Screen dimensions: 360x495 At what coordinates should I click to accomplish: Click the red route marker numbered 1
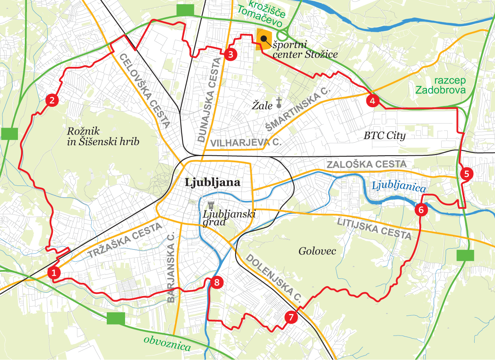point(54,273)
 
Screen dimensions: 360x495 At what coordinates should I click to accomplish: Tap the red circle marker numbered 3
point(230,54)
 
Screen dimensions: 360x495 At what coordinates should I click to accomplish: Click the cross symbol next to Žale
point(279,102)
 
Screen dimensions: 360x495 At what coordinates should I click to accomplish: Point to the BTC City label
point(385,135)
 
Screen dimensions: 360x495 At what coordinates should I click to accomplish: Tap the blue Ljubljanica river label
point(399,187)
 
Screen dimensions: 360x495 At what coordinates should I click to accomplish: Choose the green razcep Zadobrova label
point(444,86)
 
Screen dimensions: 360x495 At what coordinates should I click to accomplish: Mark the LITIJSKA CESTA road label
point(374,228)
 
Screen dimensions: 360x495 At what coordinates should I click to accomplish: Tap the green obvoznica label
point(167,343)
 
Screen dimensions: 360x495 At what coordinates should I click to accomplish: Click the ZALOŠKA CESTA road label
point(367,164)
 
